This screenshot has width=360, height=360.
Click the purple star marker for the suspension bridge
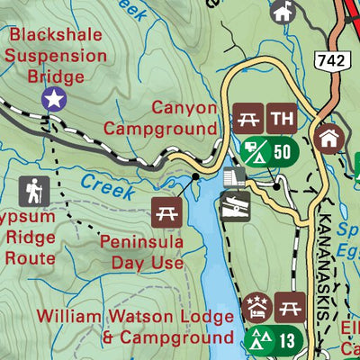tap(54, 99)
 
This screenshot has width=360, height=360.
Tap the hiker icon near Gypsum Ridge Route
tap(34, 191)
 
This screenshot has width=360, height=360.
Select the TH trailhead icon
tap(283, 118)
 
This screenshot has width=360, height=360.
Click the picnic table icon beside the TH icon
tap(247, 118)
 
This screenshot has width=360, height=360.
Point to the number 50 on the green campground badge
tap(282, 150)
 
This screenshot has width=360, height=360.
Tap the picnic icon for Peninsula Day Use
tap(166, 211)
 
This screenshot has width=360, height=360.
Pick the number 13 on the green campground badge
tap(286, 340)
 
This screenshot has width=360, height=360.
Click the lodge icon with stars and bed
tap(256, 308)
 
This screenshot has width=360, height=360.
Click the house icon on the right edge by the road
tap(329, 139)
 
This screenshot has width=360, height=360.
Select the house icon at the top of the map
tap(283, 12)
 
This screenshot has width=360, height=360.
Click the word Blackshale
tap(54, 36)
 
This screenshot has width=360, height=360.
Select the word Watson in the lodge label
tap(144, 318)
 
